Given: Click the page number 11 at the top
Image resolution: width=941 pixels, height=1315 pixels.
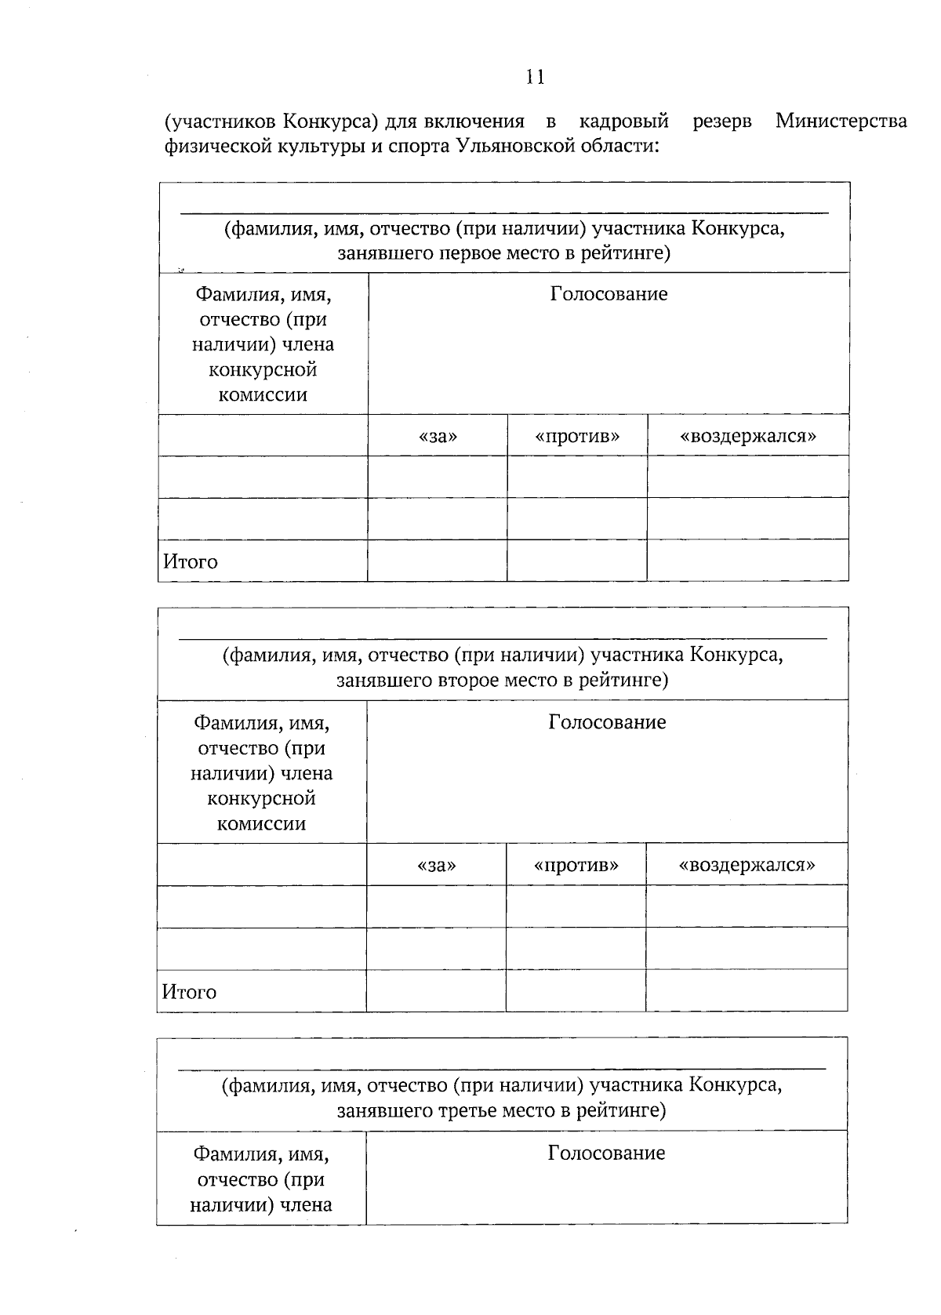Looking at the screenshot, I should (536, 77).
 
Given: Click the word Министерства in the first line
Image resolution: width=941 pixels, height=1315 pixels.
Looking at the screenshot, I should (841, 121).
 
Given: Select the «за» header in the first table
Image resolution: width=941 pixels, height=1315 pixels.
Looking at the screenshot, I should (438, 436).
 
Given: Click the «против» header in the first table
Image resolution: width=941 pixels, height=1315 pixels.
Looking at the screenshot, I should (577, 436).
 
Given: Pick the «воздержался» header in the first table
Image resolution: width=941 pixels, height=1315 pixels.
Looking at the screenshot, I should (747, 436).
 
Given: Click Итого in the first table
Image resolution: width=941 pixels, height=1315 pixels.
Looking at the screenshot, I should (191, 561).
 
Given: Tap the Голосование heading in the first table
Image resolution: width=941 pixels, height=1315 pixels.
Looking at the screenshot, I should (609, 294).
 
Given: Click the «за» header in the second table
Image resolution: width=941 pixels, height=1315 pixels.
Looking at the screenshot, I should (436, 865).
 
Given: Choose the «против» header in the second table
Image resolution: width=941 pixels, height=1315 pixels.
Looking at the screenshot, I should (576, 865).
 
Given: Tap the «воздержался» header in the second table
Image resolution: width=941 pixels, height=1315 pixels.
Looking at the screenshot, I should (747, 865).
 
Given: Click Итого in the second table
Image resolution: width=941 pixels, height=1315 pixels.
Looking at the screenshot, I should (189, 992).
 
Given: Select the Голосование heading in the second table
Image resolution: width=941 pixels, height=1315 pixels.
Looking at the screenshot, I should (607, 722).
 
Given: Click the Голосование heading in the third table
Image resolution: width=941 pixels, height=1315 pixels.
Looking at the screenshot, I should (606, 1153).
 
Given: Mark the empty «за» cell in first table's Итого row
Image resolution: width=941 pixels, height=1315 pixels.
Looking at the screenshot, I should (437, 561).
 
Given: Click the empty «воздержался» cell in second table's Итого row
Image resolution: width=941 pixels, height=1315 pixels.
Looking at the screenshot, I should (747, 990).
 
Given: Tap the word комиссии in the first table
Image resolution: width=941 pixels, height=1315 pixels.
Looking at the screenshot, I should (263, 394).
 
